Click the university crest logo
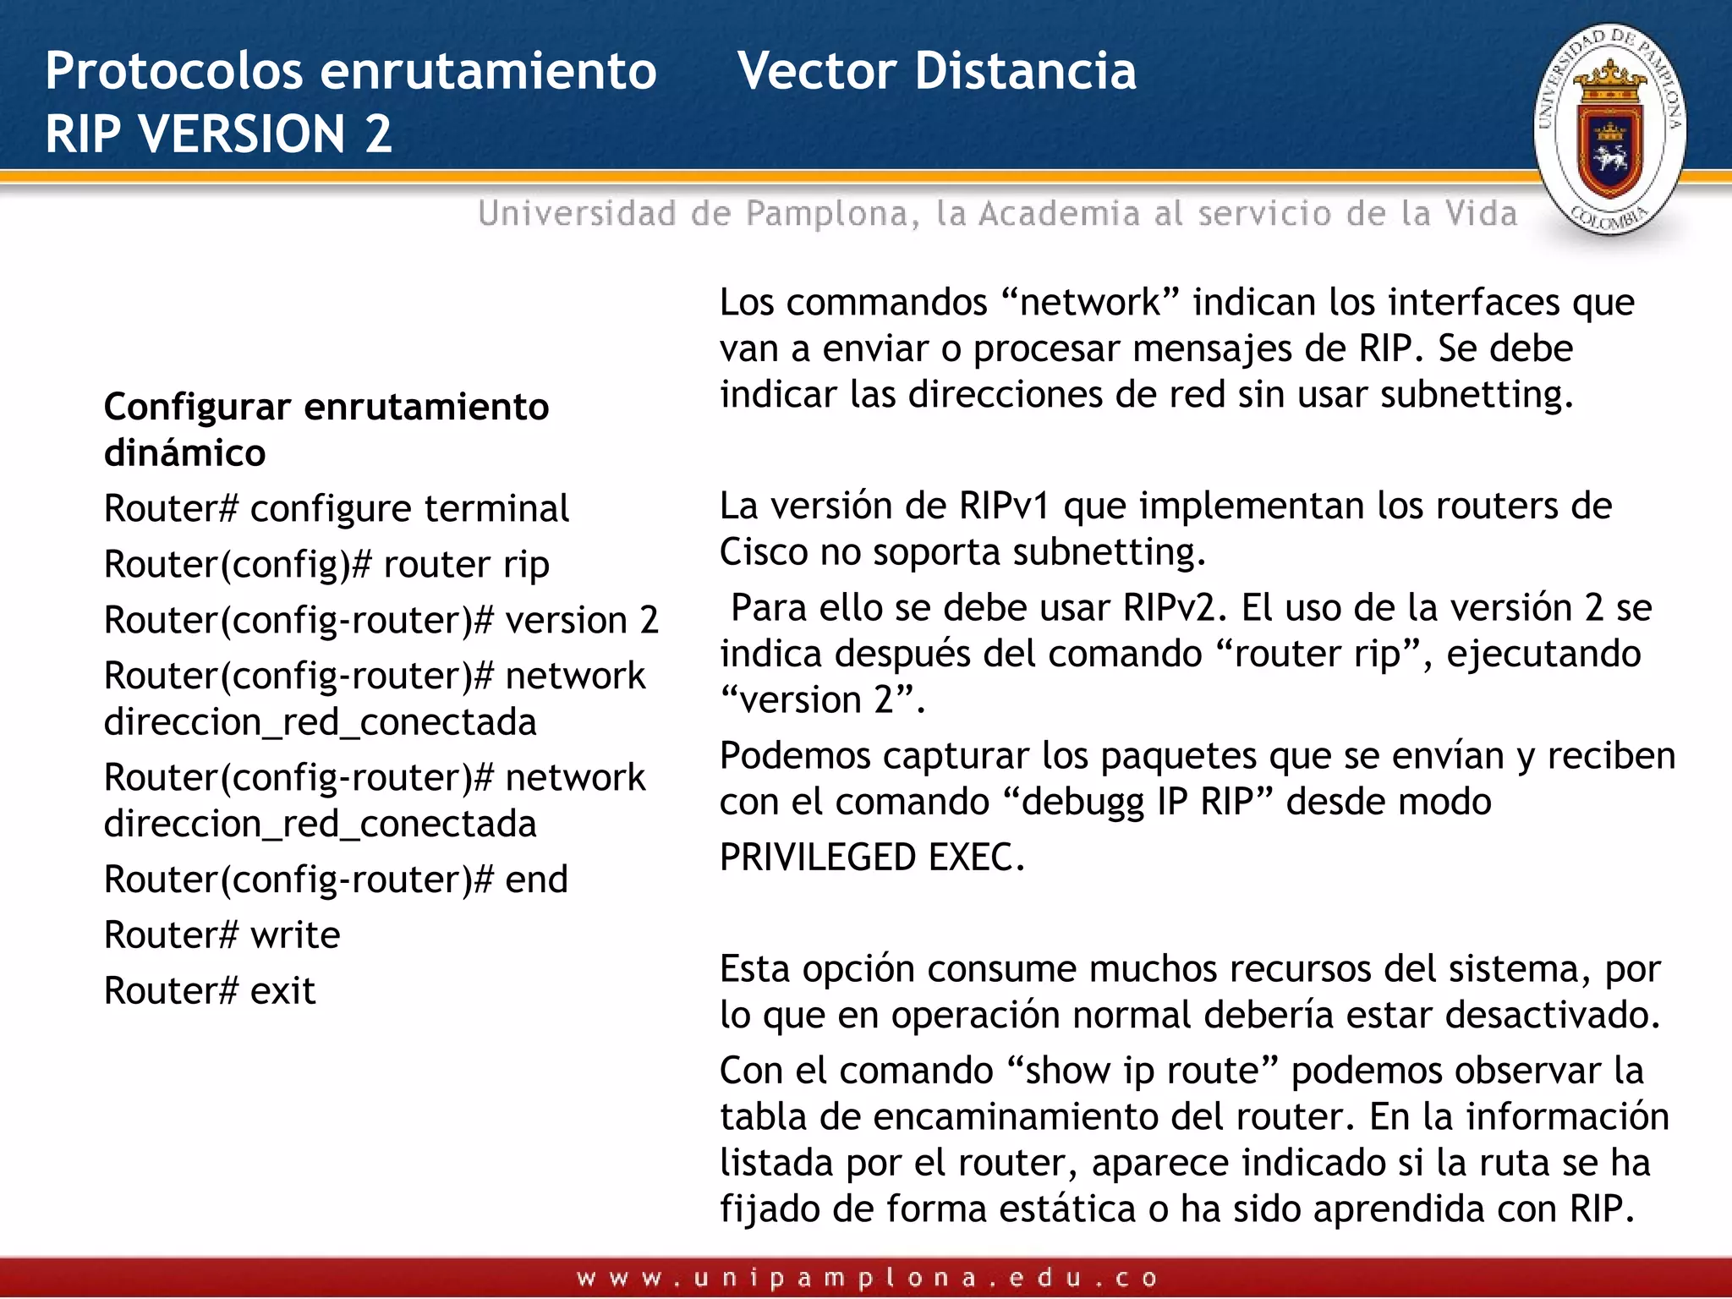click(1609, 129)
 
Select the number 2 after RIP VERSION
click(378, 134)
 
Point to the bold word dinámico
click(184, 453)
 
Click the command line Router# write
click(222, 935)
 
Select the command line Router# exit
click(209, 990)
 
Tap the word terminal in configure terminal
click(496, 509)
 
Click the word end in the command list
click(536, 880)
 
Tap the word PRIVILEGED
click(818, 858)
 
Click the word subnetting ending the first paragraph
click(1476, 395)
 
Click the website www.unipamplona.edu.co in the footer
click(866, 1278)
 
